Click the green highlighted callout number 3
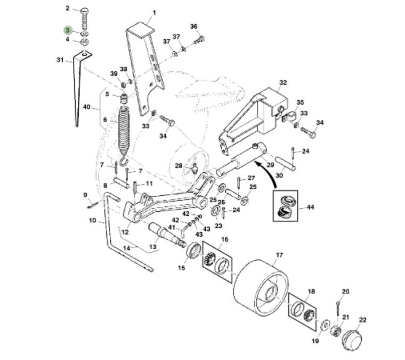click(68, 30)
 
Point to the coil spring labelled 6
click(124, 131)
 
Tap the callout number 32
click(283, 83)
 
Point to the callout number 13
click(153, 246)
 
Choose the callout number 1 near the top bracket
click(154, 12)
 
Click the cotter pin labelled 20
click(339, 308)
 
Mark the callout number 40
click(87, 107)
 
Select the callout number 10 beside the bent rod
click(92, 220)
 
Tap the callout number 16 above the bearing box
click(224, 239)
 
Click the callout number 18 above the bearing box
click(311, 291)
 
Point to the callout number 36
click(194, 26)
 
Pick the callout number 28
click(179, 165)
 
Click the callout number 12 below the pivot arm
click(125, 232)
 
